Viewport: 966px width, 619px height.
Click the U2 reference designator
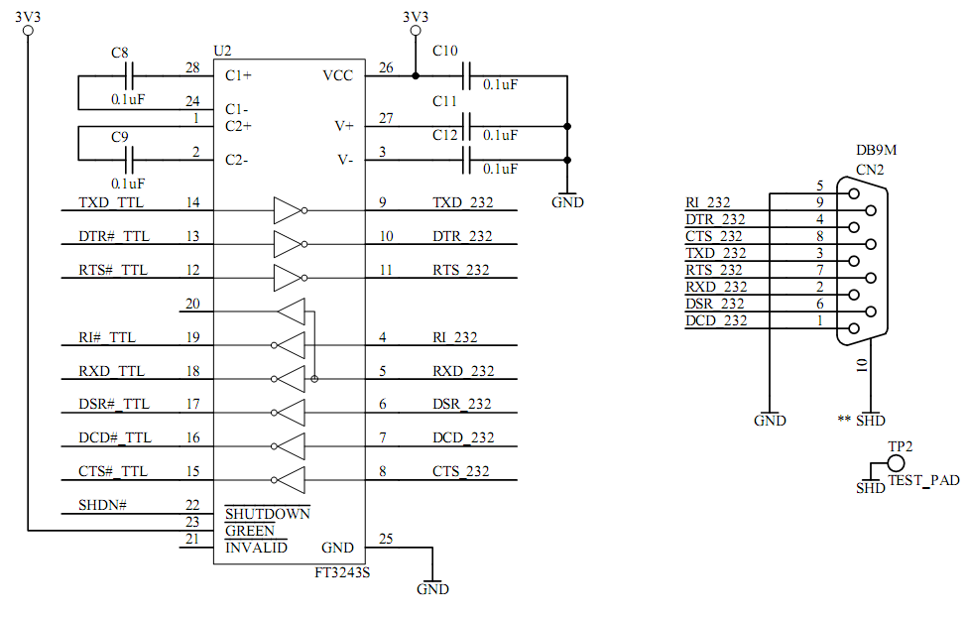(222, 51)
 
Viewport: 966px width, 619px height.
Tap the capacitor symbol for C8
(129, 75)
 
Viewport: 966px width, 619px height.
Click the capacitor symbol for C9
(129, 159)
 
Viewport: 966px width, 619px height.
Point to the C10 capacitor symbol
(466, 75)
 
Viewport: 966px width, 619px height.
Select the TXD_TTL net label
(111, 203)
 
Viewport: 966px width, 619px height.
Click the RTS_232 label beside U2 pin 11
(462, 270)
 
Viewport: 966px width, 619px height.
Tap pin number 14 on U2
(192, 203)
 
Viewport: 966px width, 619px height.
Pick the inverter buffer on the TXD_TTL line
(288, 210)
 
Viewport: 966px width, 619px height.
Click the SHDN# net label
(102, 505)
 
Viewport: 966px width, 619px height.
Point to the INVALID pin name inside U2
(256, 548)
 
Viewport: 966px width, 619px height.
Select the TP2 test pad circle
(897, 462)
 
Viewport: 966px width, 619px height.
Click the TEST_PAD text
(923, 480)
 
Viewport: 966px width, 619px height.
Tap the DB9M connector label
(877, 151)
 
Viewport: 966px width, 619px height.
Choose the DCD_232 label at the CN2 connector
(714, 320)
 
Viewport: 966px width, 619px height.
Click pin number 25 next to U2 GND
(386, 539)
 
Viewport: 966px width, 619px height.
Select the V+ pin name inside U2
(344, 126)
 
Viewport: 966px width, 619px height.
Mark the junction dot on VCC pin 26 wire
(415, 75)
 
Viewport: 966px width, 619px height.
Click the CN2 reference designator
(870, 169)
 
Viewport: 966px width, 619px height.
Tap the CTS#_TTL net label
(112, 471)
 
